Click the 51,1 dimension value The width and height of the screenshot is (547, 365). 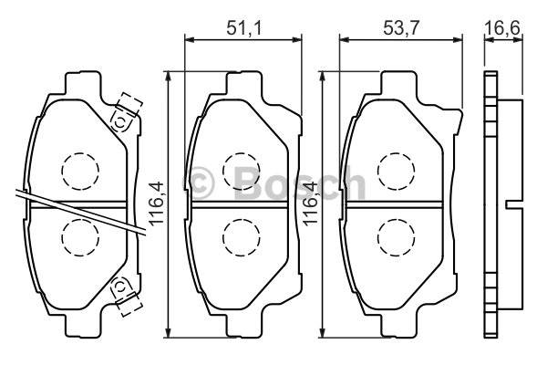[243, 28]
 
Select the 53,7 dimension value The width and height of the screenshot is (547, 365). [400, 28]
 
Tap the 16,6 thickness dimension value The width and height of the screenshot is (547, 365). [502, 28]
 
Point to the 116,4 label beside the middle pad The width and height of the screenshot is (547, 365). [156, 203]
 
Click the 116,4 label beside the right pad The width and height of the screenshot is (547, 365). [312, 203]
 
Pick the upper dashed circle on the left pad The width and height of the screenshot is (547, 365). [80, 172]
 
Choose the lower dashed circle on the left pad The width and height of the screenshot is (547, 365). [80, 238]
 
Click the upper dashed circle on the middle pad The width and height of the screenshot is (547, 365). [242, 172]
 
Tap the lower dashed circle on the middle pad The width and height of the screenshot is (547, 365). [242, 238]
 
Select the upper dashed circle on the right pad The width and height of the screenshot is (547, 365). [396, 172]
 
